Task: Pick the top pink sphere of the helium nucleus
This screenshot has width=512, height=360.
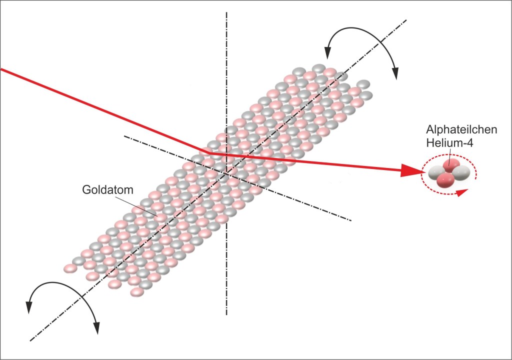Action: coord(451,166)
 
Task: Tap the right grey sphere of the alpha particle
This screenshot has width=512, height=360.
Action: coord(461,173)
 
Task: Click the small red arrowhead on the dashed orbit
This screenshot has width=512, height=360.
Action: coord(464,190)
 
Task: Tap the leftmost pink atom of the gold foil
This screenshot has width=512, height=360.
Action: coord(70,268)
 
